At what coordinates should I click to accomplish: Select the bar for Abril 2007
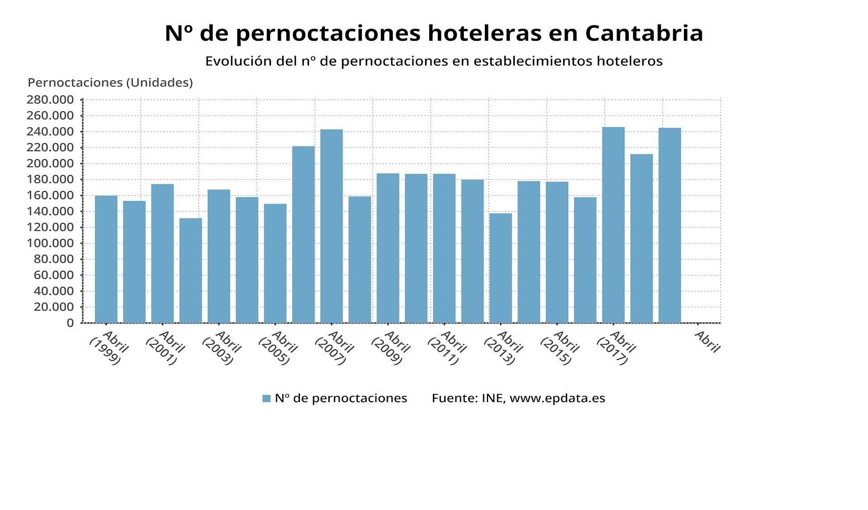pyautogui.click(x=332, y=226)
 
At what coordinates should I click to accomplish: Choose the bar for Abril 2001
pyautogui.click(x=162, y=253)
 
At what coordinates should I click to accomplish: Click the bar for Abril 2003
pyautogui.click(x=219, y=256)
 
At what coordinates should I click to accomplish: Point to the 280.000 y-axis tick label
pyautogui.click(x=50, y=100)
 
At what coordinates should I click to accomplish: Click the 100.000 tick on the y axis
pyautogui.click(x=50, y=243)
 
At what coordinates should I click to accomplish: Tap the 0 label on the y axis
pyautogui.click(x=70, y=323)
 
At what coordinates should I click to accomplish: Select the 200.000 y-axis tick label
pyautogui.click(x=50, y=164)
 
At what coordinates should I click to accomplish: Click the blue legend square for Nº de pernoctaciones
pyautogui.click(x=266, y=399)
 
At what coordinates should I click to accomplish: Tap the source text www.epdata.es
pyautogui.click(x=557, y=398)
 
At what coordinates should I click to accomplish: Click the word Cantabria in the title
pyautogui.click(x=644, y=33)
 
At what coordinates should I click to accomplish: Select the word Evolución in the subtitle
pyautogui.click(x=238, y=61)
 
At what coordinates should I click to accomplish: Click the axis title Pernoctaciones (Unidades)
pyautogui.click(x=110, y=83)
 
